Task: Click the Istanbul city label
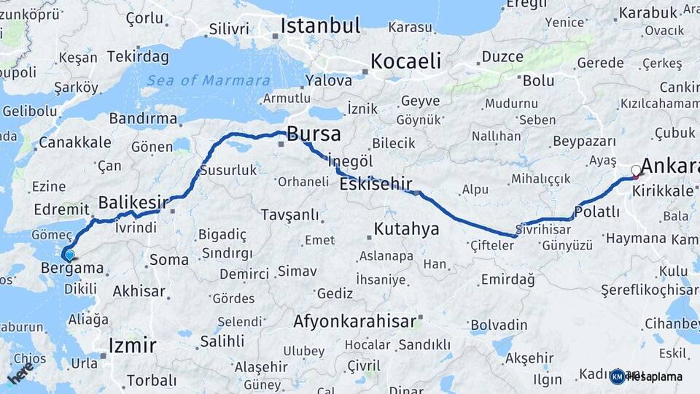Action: tap(320, 26)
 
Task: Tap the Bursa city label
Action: tap(314, 134)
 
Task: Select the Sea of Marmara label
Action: tap(208, 80)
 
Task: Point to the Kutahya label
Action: tap(406, 229)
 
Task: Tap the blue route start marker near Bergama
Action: tap(69, 255)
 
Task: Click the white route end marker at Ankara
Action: tap(636, 171)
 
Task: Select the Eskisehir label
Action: tap(376, 184)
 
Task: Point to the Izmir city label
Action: tap(132, 344)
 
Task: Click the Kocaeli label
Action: tap(406, 61)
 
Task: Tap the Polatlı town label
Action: tap(597, 212)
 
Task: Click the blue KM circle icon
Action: tap(617, 376)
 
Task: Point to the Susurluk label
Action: tap(228, 170)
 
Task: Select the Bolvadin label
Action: tap(499, 325)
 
